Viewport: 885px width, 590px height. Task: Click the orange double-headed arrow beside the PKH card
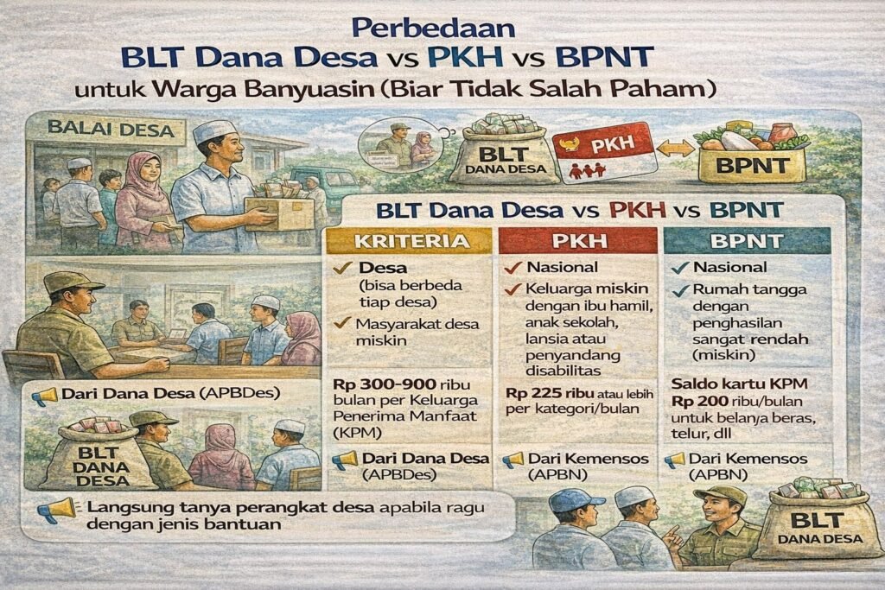coord(675,149)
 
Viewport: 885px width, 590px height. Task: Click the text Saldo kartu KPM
coord(732,384)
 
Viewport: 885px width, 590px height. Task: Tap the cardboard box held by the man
coord(278,211)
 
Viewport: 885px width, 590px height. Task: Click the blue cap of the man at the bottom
coord(575,499)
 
